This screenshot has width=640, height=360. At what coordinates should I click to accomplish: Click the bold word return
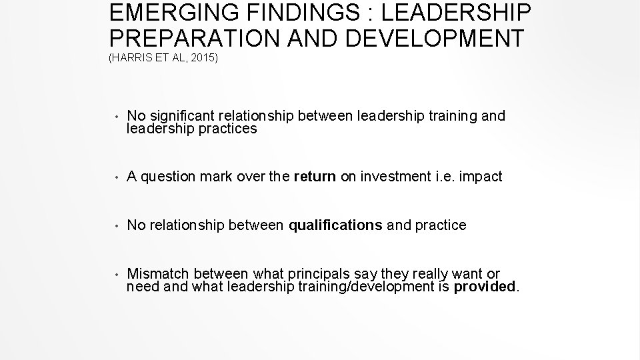click(314, 177)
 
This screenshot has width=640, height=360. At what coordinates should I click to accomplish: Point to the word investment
click(393, 177)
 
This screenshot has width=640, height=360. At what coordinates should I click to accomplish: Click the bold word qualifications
click(335, 225)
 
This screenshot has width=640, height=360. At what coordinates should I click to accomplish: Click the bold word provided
click(485, 287)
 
